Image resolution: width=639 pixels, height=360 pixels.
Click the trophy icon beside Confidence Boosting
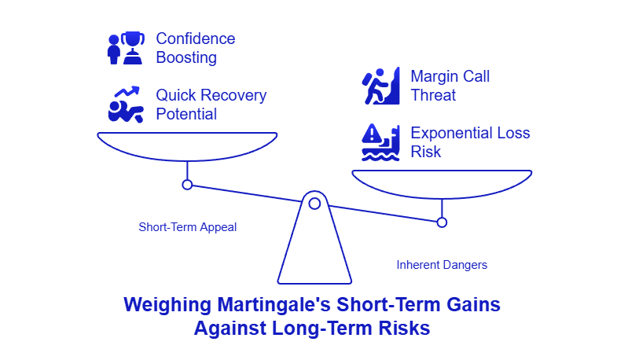pyautogui.click(x=126, y=47)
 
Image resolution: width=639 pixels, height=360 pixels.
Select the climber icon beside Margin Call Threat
pyautogui.click(x=381, y=86)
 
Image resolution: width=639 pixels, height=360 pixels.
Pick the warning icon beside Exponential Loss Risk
pyautogui.click(x=381, y=142)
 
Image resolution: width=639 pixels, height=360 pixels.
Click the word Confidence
pyautogui.click(x=195, y=39)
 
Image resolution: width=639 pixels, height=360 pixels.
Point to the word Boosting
pyautogui.click(x=186, y=57)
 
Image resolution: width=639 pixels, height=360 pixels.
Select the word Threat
pyautogui.click(x=433, y=95)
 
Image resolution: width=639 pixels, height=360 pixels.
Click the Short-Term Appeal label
pyautogui.click(x=188, y=227)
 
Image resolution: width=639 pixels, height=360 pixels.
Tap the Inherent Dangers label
pyautogui.click(x=442, y=265)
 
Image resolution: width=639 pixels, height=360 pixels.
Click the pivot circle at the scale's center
pyautogui.click(x=314, y=204)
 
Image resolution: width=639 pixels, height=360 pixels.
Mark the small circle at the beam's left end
pyautogui.click(x=187, y=185)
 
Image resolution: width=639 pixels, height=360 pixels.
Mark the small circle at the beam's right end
pyautogui.click(x=442, y=222)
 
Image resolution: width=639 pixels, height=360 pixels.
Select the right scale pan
pyautogui.click(x=442, y=183)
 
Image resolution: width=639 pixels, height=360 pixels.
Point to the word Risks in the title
pyautogui.click(x=404, y=327)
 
